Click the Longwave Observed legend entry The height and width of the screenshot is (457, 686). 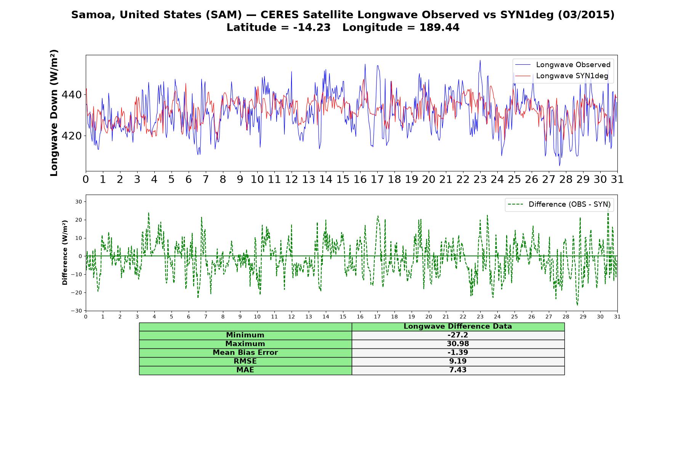tap(563, 65)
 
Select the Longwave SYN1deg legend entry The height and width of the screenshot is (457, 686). tap(562, 76)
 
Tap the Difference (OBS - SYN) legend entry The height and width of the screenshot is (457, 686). tap(559, 205)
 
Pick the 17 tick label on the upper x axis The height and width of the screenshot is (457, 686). tap(377, 179)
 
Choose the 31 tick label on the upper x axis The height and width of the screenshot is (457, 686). tap(617, 179)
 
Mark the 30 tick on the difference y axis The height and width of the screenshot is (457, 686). tap(79, 201)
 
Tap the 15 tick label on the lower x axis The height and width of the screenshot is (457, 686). tap(343, 316)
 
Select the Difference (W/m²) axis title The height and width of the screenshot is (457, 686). tap(65, 252)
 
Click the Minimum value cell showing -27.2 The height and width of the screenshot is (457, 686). tap(458, 335)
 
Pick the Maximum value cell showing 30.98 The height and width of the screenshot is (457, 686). tap(458, 344)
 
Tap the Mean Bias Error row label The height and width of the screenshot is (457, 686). tap(245, 353)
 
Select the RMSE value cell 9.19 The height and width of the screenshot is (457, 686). tap(458, 361)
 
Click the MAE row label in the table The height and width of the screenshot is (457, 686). tap(245, 370)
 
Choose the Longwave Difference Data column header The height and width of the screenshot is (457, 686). tap(458, 326)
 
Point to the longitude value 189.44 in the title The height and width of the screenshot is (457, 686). tap(439, 27)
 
